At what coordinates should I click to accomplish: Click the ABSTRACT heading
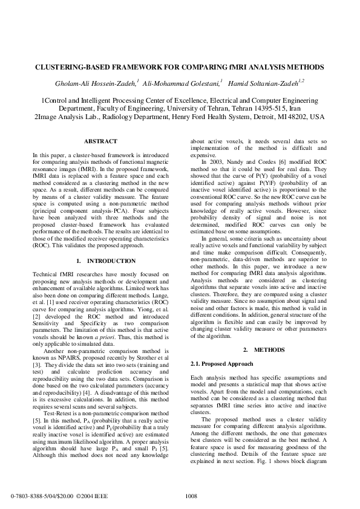pos(100,141)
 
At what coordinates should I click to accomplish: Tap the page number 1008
pos(191,496)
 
